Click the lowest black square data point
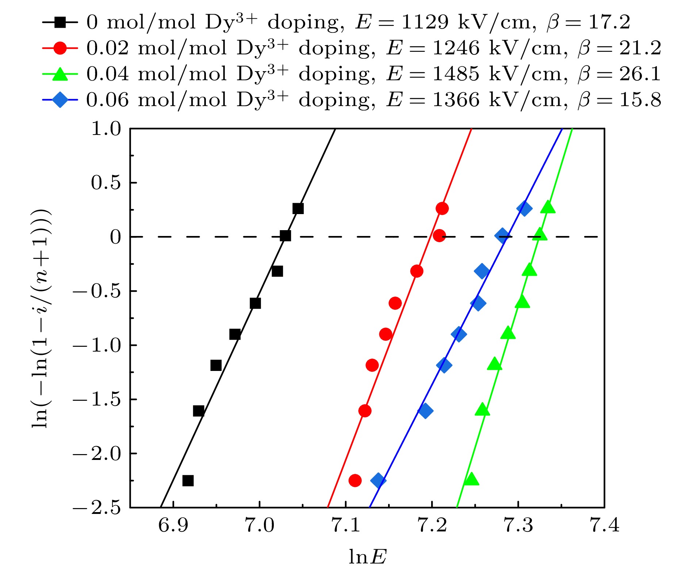click(188, 480)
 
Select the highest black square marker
click(298, 209)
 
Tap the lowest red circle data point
click(355, 480)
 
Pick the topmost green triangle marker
click(548, 207)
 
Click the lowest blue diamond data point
click(378, 480)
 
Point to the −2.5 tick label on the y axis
click(96, 507)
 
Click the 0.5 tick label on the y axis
click(106, 183)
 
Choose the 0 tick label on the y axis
click(115, 237)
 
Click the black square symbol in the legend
click(60, 23)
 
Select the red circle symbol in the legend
click(60, 48)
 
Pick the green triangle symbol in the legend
click(60, 74)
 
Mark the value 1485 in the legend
click(455, 74)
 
